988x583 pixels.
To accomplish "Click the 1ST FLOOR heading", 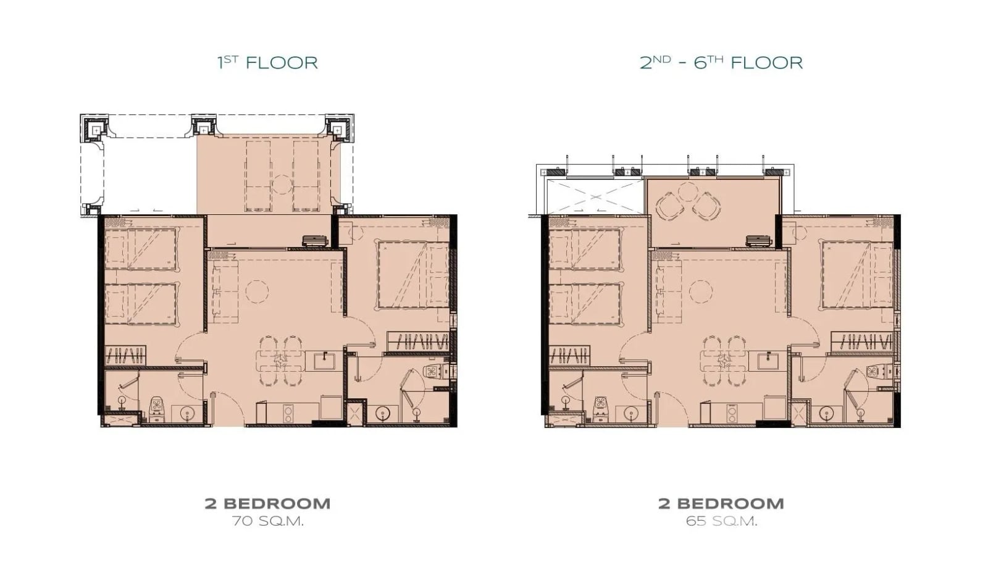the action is (267, 62).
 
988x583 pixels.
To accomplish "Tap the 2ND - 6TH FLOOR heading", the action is (721, 62).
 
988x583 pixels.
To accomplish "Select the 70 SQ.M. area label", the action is (268, 521).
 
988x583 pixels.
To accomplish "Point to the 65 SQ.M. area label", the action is (721, 521).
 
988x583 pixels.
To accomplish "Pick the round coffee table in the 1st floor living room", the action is (257, 291).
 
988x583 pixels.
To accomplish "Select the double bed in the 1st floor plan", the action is (413, 274).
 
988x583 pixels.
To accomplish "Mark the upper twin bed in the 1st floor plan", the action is (141, 249).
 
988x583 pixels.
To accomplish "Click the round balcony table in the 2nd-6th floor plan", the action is (688, 192).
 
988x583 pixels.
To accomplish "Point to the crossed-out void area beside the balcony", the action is (595, 196).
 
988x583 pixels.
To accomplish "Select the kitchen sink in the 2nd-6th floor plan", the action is (769, 362).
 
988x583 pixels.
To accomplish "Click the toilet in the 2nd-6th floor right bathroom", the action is (877, 372).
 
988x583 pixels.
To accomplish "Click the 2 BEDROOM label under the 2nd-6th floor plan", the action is (721, 503).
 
